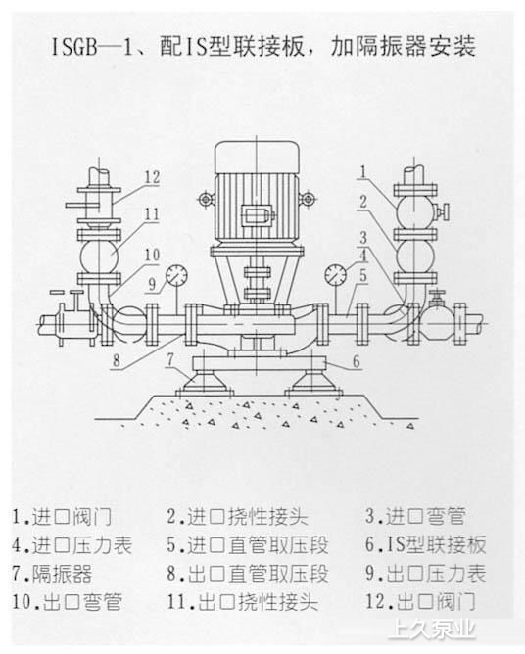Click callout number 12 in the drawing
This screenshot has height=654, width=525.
pos(153,177)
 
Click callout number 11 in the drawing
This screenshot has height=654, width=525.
pos(152,214)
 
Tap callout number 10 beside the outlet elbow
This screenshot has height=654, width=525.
pos(153,255)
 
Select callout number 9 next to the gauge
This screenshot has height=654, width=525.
pos(153,284)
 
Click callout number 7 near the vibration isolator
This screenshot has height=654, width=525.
pos(169,360)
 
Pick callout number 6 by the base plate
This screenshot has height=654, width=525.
pos(356,361)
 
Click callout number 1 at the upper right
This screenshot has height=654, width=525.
pos(363,172)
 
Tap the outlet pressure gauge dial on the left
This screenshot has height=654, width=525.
pos(176,275)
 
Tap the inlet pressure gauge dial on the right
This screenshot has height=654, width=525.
pos(335,275)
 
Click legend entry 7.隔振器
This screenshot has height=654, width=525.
pos(52,574)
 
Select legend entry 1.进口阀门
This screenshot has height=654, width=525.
pos(62,517)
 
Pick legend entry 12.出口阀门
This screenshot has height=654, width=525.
pos(420,602)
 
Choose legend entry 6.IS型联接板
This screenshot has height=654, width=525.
pos(426,545)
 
